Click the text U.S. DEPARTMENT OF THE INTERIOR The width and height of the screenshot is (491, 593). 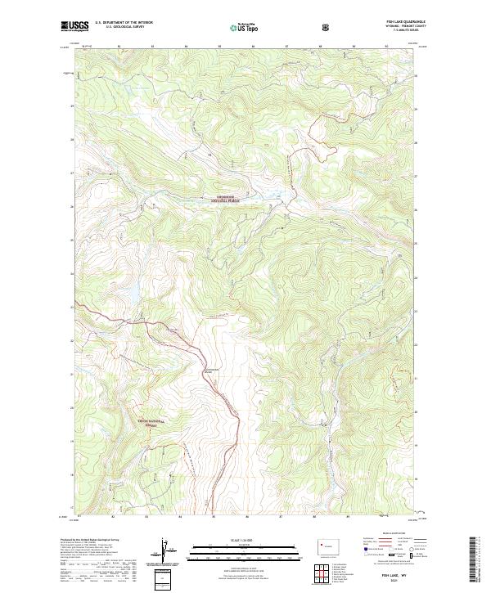click(x=124, y=23)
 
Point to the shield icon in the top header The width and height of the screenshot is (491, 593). click(x=327, y=26)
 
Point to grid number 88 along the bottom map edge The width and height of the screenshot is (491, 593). click(x=314, y=517)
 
